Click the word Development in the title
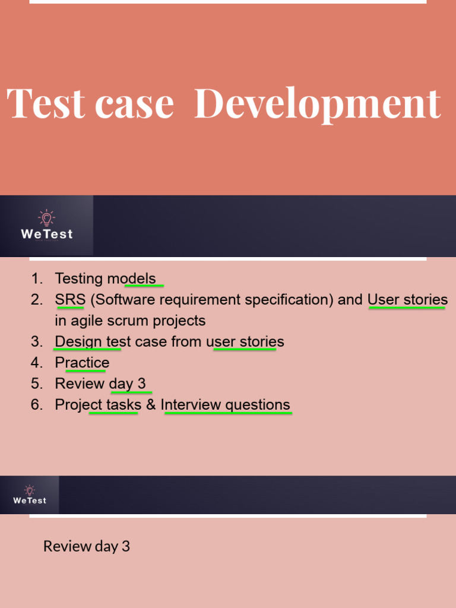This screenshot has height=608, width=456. (x=318, y=104)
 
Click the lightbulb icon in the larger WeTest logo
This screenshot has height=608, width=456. (x=46, y=218)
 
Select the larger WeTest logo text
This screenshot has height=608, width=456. (x=47, y=234)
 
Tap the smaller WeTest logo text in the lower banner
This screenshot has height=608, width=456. (x=30, y=501)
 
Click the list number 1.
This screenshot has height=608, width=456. (x=37, y=278)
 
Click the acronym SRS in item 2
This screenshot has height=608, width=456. (x=70, y=300)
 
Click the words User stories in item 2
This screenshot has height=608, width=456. (x=407, y=300)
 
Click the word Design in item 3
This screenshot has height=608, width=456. (x=78, y=342)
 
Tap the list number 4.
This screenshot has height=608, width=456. (x=37, y=363)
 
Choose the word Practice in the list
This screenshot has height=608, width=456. (x=82, y=363)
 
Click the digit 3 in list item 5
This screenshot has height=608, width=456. (x=141, y=384)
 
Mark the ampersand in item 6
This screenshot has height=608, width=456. (x=151, y=405)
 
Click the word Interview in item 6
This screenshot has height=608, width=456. (x=189, y=405)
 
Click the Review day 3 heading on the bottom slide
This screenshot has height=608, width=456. (x=87, y=546)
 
